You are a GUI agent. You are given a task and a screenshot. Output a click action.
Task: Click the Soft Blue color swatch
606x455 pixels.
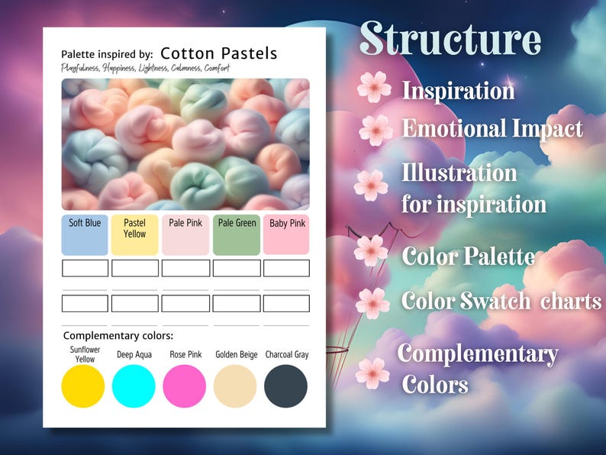[85, 235]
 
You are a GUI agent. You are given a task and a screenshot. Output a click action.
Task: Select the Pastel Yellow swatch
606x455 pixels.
[135, 235]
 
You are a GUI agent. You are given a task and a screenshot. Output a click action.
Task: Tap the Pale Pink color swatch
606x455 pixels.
[185, 235]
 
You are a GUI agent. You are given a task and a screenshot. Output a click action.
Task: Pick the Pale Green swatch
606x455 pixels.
[237, 235]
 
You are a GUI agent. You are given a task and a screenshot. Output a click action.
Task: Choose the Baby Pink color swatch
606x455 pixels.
[286, 235]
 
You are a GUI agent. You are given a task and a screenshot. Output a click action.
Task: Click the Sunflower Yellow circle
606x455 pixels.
[83, 386]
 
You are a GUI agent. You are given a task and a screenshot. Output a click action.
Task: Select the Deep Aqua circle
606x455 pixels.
[134, 386]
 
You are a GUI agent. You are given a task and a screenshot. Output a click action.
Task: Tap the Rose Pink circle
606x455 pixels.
[185, 386]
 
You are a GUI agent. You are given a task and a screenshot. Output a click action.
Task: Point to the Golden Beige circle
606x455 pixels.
[235, 386]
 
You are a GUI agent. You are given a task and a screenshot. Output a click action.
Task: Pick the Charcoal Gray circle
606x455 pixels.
[286, 386]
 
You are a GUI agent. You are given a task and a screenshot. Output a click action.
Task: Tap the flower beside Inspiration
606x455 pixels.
[374, 87]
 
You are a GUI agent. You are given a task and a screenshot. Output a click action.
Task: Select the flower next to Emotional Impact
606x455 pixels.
[376, 130]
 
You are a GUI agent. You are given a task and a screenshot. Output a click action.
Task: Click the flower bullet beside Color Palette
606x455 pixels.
[371, 250]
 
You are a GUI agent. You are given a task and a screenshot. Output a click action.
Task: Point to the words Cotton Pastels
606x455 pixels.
[219, 53]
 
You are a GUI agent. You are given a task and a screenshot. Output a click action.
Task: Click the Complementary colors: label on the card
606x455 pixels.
[118, 336]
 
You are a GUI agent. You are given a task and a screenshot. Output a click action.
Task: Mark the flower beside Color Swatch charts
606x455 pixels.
[372, 303]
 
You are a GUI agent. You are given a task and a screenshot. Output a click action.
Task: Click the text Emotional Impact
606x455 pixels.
[492, 128]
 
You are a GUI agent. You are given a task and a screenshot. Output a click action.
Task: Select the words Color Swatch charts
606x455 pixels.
[501, 301]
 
